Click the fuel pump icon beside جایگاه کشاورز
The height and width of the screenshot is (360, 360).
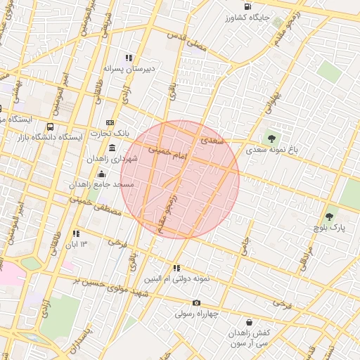click(248, 6)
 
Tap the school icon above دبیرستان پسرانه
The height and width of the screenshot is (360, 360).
click(129, 58)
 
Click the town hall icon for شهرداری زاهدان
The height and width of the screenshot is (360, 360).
click(113, 147)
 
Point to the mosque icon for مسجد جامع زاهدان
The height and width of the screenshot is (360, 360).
click(102, 173)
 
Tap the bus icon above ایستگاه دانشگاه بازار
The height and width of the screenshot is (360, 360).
click(50, 127)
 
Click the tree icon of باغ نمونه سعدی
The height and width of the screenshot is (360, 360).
click(271, 139)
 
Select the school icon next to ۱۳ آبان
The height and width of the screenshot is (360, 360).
click(76, 233)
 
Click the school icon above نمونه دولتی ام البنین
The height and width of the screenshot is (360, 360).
click(176, 268)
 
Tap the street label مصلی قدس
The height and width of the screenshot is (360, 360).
click(186, 39)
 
